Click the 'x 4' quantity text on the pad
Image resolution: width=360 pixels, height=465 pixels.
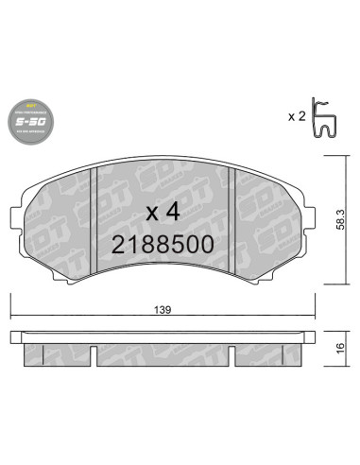click(x=163, y=210)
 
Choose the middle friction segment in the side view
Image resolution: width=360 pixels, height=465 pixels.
click(x=162, y=353)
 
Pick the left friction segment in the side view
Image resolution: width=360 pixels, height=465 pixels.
click(x=57, y=353)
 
